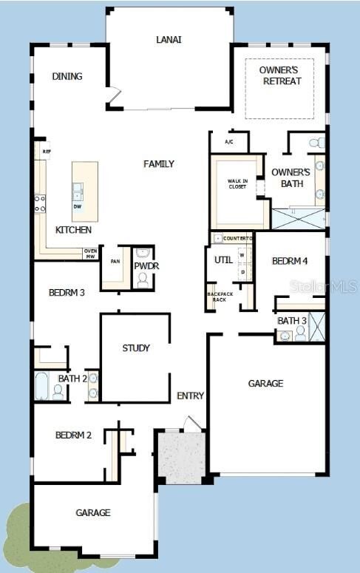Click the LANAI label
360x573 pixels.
point(169,39)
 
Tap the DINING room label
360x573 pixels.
point(67,76)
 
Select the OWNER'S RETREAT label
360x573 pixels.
point(280,75)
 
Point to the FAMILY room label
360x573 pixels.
point(159,163)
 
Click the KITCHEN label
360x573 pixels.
point(74,230)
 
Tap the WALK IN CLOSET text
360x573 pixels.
point(237,183)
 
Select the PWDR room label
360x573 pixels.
point(146,266)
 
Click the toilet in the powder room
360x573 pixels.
point(143,280)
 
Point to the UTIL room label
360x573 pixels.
point(223,260)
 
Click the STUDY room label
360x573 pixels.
point(136,347)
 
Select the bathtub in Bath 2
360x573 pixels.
point(41,386)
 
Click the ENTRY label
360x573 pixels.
point(190,396)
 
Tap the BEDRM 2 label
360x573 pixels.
point(73,435)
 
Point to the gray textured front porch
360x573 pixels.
point(180,458)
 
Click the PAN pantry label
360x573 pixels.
point(115,261)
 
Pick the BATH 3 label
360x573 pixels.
point(292,320)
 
